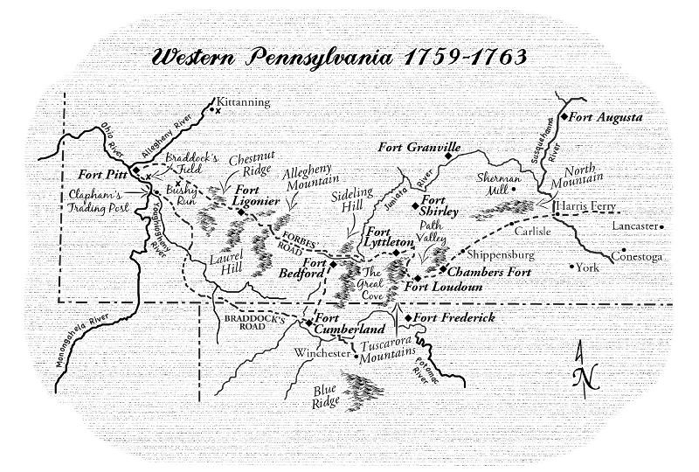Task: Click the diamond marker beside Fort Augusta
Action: pyautogui.click(x=565, y=116)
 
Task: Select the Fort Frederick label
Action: pyautogui.click(x=454, y=318)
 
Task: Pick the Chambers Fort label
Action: pyautogui.click(x=491, y=272)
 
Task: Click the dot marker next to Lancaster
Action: pyautogui.click(x=663, y=226)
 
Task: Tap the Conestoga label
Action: pyautogui.click(x=638, y=256)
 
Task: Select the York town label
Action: pyautogui.click(x=588, y=267)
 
